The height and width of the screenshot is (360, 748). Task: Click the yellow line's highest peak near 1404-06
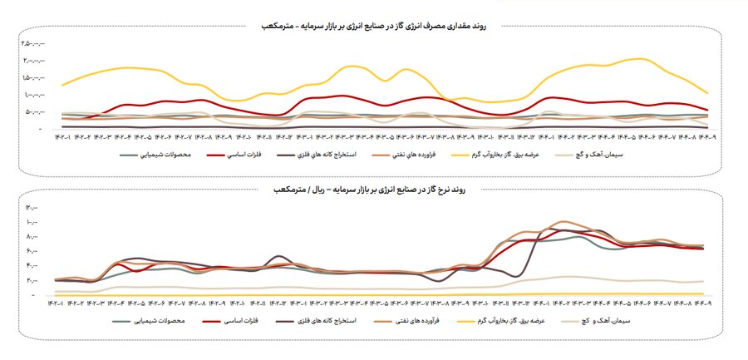point(640,59)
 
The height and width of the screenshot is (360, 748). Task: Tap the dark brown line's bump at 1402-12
point(281,256)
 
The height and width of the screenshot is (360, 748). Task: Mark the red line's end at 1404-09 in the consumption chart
point(707,110)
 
